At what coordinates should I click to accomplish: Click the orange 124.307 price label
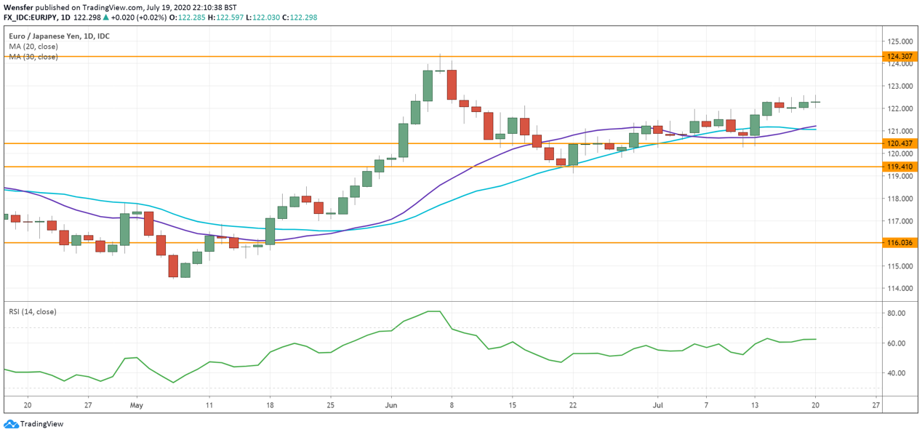[x=899, y=57]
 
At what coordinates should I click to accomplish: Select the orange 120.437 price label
[x=899, y=144]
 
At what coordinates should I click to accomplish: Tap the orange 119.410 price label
[x=899, y=167]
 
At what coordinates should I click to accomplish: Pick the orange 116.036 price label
[x=899, y=243]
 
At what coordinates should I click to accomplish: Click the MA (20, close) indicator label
[x=33, y=47]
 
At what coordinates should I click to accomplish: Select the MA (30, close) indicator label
[x=33, y=57]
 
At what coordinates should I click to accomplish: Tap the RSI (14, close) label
[x=33, y=312]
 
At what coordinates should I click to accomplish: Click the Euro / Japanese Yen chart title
[x=59, y=36]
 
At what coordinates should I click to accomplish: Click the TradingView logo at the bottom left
[x=33, y=424]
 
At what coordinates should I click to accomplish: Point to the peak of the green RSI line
[x=434, y=311]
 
